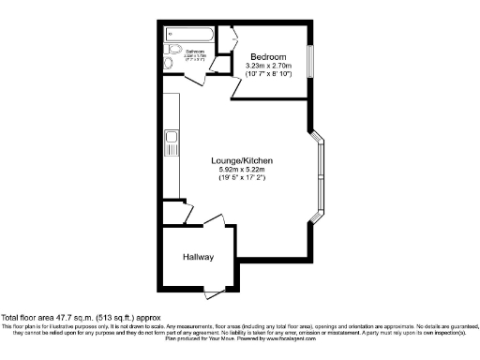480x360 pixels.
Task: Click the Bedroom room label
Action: point(267,54)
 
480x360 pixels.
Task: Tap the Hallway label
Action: point(198,257)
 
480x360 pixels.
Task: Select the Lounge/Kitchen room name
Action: point(241,161)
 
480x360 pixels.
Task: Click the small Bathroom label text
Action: point(195,52)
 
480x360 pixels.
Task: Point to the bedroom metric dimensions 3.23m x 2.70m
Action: point(267,65)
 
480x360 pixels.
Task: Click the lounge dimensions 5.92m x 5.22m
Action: point(241,170)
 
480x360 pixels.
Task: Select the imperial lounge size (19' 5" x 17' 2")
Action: point(241,178)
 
